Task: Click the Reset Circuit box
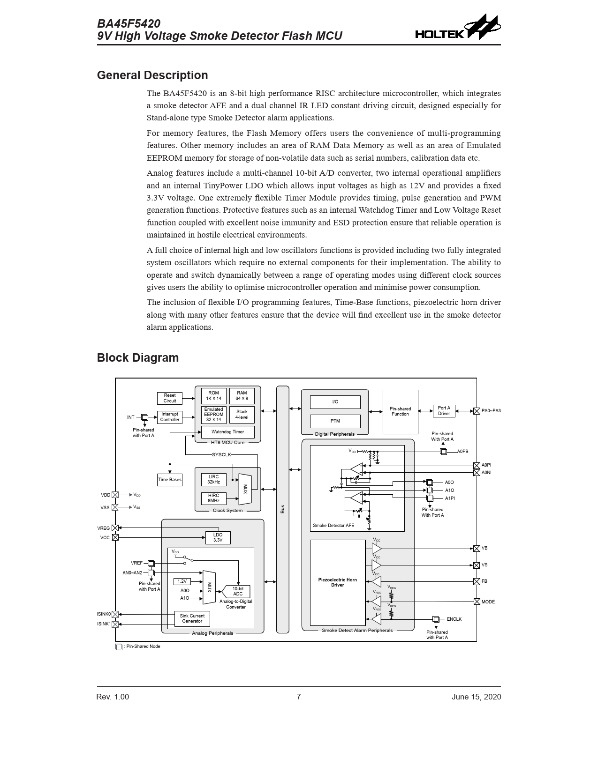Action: click(169, 398)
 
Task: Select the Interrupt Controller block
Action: click(169, 417)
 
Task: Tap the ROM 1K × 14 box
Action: click(213, 396)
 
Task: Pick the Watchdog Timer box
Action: click(227, 432)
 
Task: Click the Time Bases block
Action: click(169, 480)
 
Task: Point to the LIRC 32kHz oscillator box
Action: click(213, 480)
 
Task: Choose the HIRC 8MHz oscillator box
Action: click(213, 498)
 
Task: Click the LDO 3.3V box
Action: click(218, 538)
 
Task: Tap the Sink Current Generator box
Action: click(192, 618)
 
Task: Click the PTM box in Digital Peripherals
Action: click(335, 421)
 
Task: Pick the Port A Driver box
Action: click(444, 411)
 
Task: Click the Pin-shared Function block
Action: click(400, 411)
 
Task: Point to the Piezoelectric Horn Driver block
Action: click(337, 582)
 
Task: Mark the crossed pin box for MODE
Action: click(477, 602)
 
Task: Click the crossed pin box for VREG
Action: click(115, 528)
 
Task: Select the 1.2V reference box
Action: click(182, 581)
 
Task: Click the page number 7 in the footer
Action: click(299, 697)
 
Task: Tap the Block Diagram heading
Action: click(137, 358)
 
